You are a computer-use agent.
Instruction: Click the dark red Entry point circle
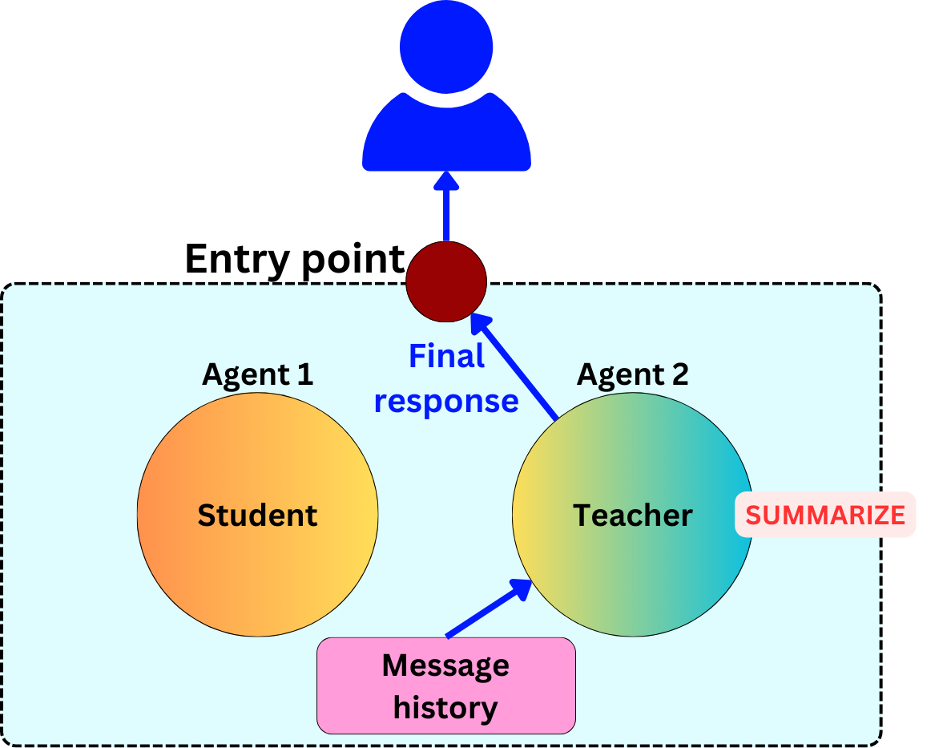coord(446,281)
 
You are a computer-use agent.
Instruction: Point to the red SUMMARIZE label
coord(825,515)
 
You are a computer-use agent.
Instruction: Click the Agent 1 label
coord(257,374)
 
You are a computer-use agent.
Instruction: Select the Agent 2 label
coord(632,374)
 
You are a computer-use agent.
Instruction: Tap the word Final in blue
coord(446,357)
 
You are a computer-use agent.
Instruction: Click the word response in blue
coord(446,401)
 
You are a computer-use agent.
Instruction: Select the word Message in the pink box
coord(445,665)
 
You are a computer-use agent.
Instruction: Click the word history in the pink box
coord(445,708)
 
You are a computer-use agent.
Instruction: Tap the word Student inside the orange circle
coord(257,515)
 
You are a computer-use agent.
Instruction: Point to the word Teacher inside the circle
coord(632,515)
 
